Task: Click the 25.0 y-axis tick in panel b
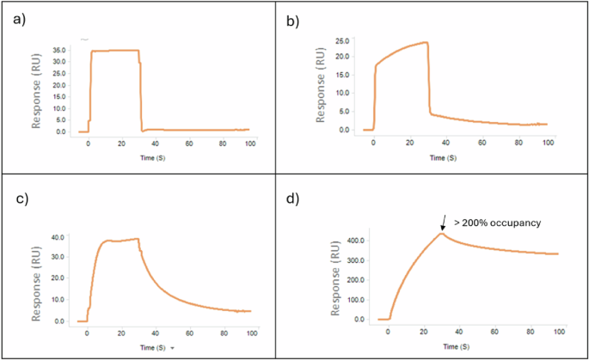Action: pos(345,40)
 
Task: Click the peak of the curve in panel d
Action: pos(441,234)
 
